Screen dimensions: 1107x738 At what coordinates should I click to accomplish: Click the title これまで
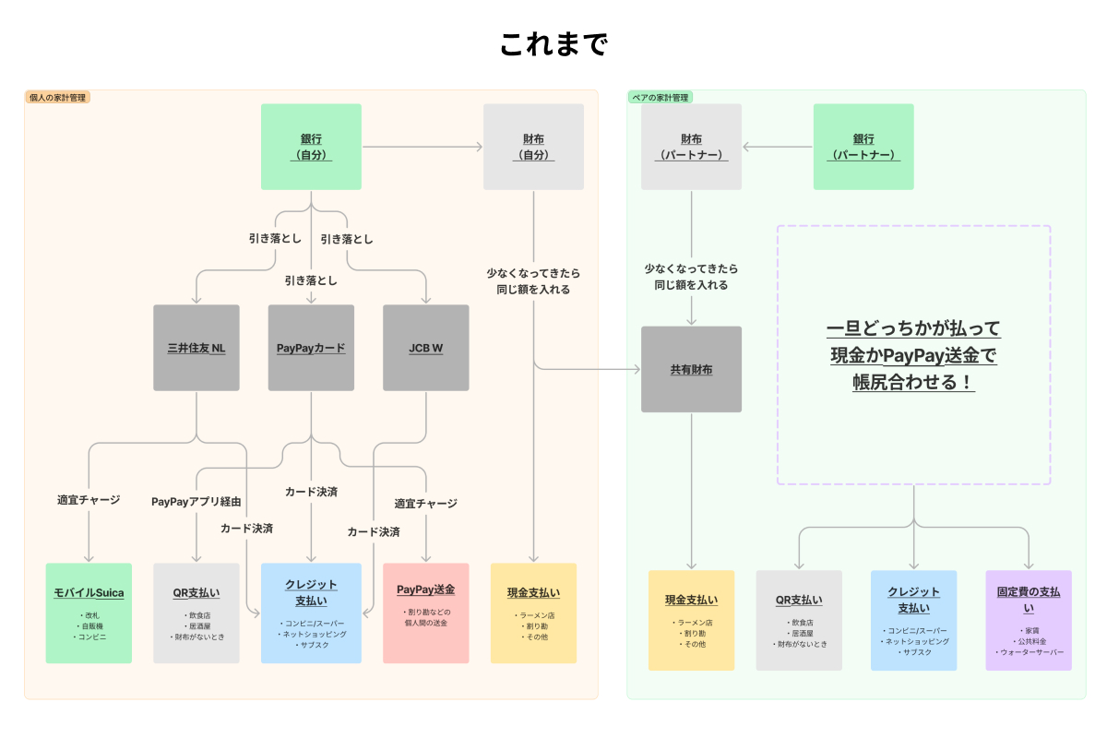(553, 44)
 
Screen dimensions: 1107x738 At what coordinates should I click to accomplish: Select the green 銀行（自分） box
(311, 147)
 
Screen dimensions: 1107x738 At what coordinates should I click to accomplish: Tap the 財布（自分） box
(533, 147)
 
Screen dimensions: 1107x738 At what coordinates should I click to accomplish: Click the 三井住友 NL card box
(196, 348)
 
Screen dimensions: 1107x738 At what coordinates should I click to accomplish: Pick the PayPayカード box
(311, 348)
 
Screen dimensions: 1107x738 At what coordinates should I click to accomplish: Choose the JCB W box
(425, 348)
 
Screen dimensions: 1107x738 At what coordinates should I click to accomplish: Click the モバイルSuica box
(89, 613)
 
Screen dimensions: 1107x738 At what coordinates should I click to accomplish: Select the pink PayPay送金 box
(425, 613)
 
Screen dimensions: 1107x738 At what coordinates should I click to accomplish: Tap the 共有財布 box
(691, 369)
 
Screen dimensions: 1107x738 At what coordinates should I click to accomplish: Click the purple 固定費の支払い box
(1029, 620)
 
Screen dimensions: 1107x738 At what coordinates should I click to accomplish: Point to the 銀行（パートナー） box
(863, 147)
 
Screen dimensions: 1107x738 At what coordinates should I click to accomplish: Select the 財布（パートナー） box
(691, 147)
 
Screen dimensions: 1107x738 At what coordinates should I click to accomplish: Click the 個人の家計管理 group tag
(57, 98)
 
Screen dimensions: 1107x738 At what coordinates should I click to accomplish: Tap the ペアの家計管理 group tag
(661, 98)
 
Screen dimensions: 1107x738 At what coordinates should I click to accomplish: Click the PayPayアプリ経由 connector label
(196, 502)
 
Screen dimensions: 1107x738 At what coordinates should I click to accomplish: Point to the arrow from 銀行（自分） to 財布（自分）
(423, 147)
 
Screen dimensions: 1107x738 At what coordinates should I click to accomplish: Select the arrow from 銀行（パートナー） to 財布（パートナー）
(778, 147)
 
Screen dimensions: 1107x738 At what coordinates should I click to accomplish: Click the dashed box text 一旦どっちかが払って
(914, 328)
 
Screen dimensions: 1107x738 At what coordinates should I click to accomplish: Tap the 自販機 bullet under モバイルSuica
(89, 626)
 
